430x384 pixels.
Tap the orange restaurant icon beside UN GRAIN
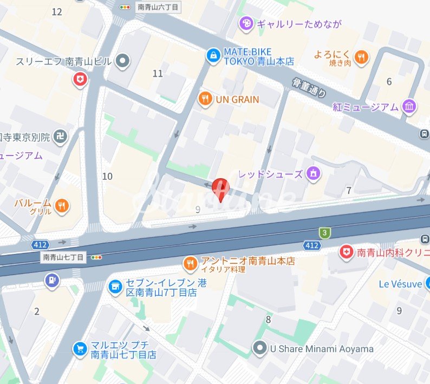click(205, 99)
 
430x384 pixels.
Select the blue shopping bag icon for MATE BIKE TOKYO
click(213, 55)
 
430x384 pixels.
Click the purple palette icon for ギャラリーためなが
click(246, 24)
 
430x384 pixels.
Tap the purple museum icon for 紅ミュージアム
click(409, 106)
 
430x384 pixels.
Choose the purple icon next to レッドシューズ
click(313, 174)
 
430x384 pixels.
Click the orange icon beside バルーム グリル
click(62, 205)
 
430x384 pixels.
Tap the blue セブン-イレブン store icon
click(115, 287)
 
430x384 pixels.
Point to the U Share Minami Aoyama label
click(321, 349)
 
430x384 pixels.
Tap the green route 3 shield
click(324, 232)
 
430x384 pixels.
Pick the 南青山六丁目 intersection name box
click(158, 7)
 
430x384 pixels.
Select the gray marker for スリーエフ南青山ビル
click(123, 61)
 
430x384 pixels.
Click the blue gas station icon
click(52, 280)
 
